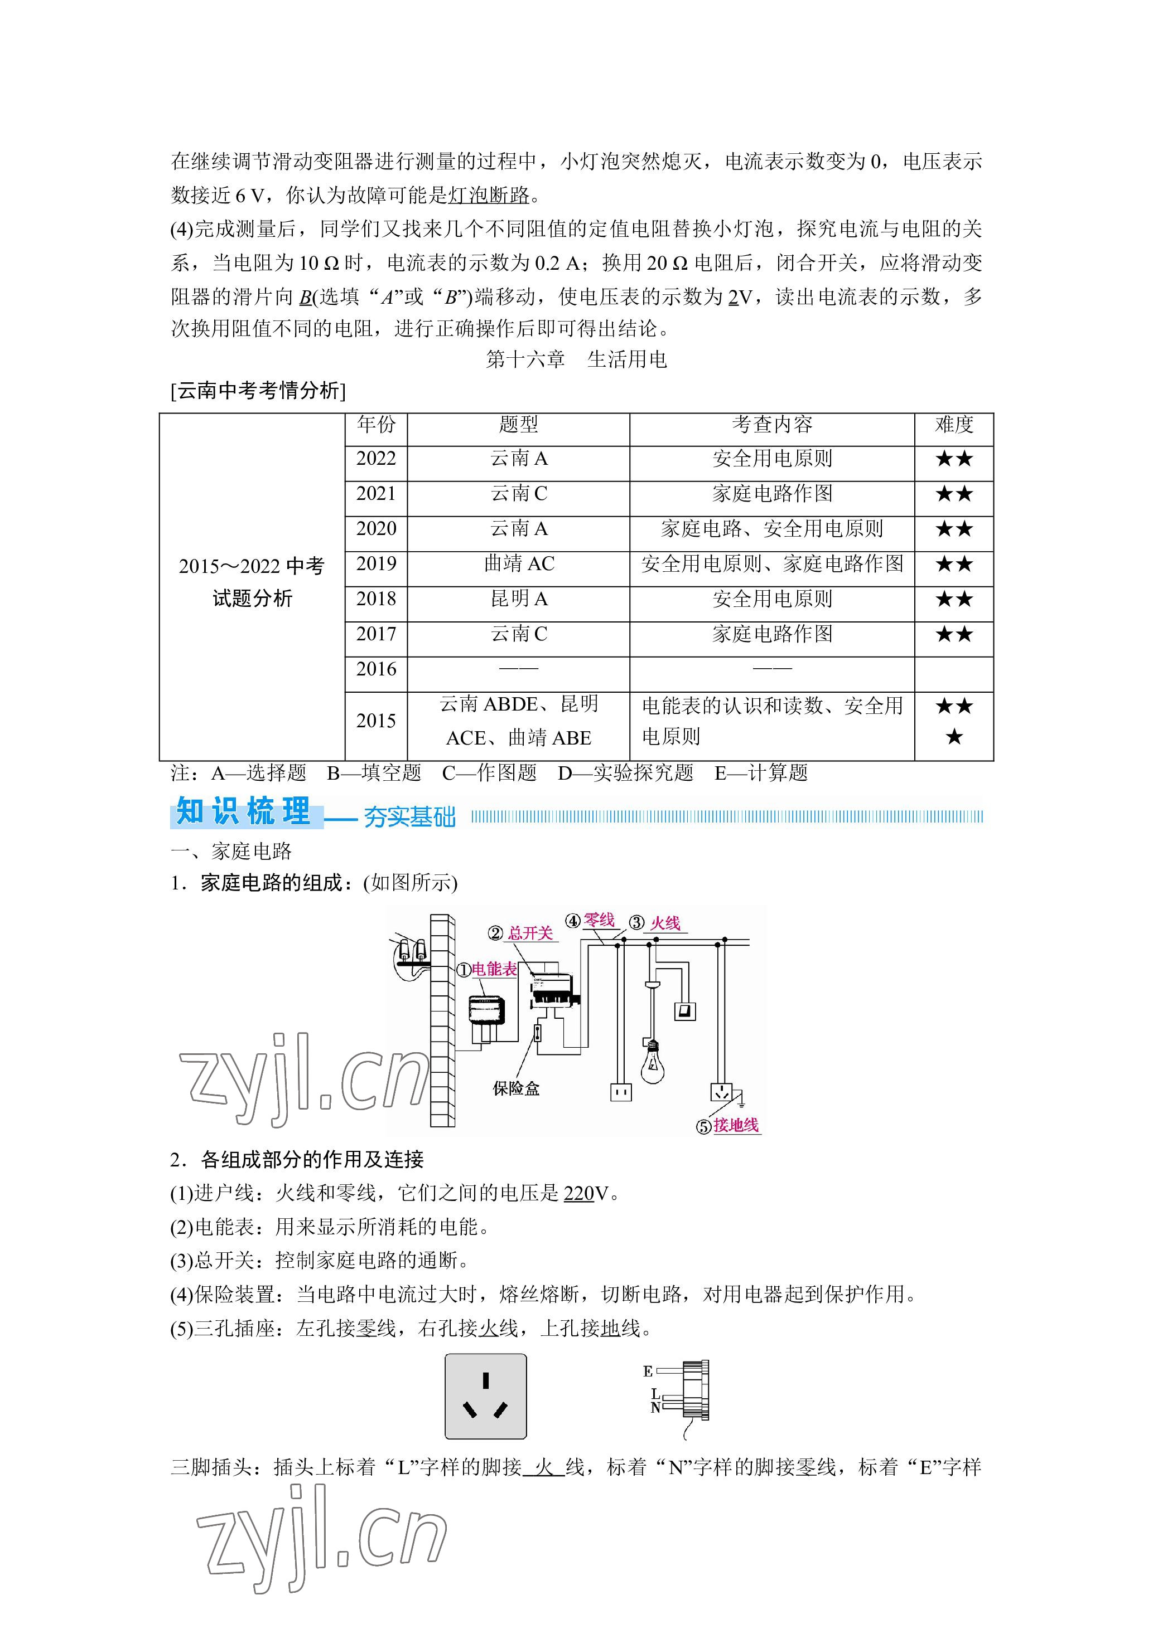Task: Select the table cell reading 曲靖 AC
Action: click(x=518, y=564)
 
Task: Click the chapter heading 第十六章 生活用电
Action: click(x=577, y=359)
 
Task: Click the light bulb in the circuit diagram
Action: click(x=652, y=1062)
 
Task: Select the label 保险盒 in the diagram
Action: click(x=516, y=1088)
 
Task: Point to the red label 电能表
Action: click(x=495, y=969)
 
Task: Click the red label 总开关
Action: click(x=530, y=933)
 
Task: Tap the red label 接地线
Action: click(x=736, y=1125)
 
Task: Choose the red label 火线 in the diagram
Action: click(x=665, y=923)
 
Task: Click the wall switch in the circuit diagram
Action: click(x=684, y=1010)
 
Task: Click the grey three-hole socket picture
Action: click(x=486, y=1396)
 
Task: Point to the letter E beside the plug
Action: click(x=648, y=1372)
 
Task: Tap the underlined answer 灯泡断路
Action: click(x=489, y=195)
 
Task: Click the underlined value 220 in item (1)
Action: click(x=578, y=1193)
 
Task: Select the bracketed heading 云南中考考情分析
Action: click(x=258, y=391)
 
